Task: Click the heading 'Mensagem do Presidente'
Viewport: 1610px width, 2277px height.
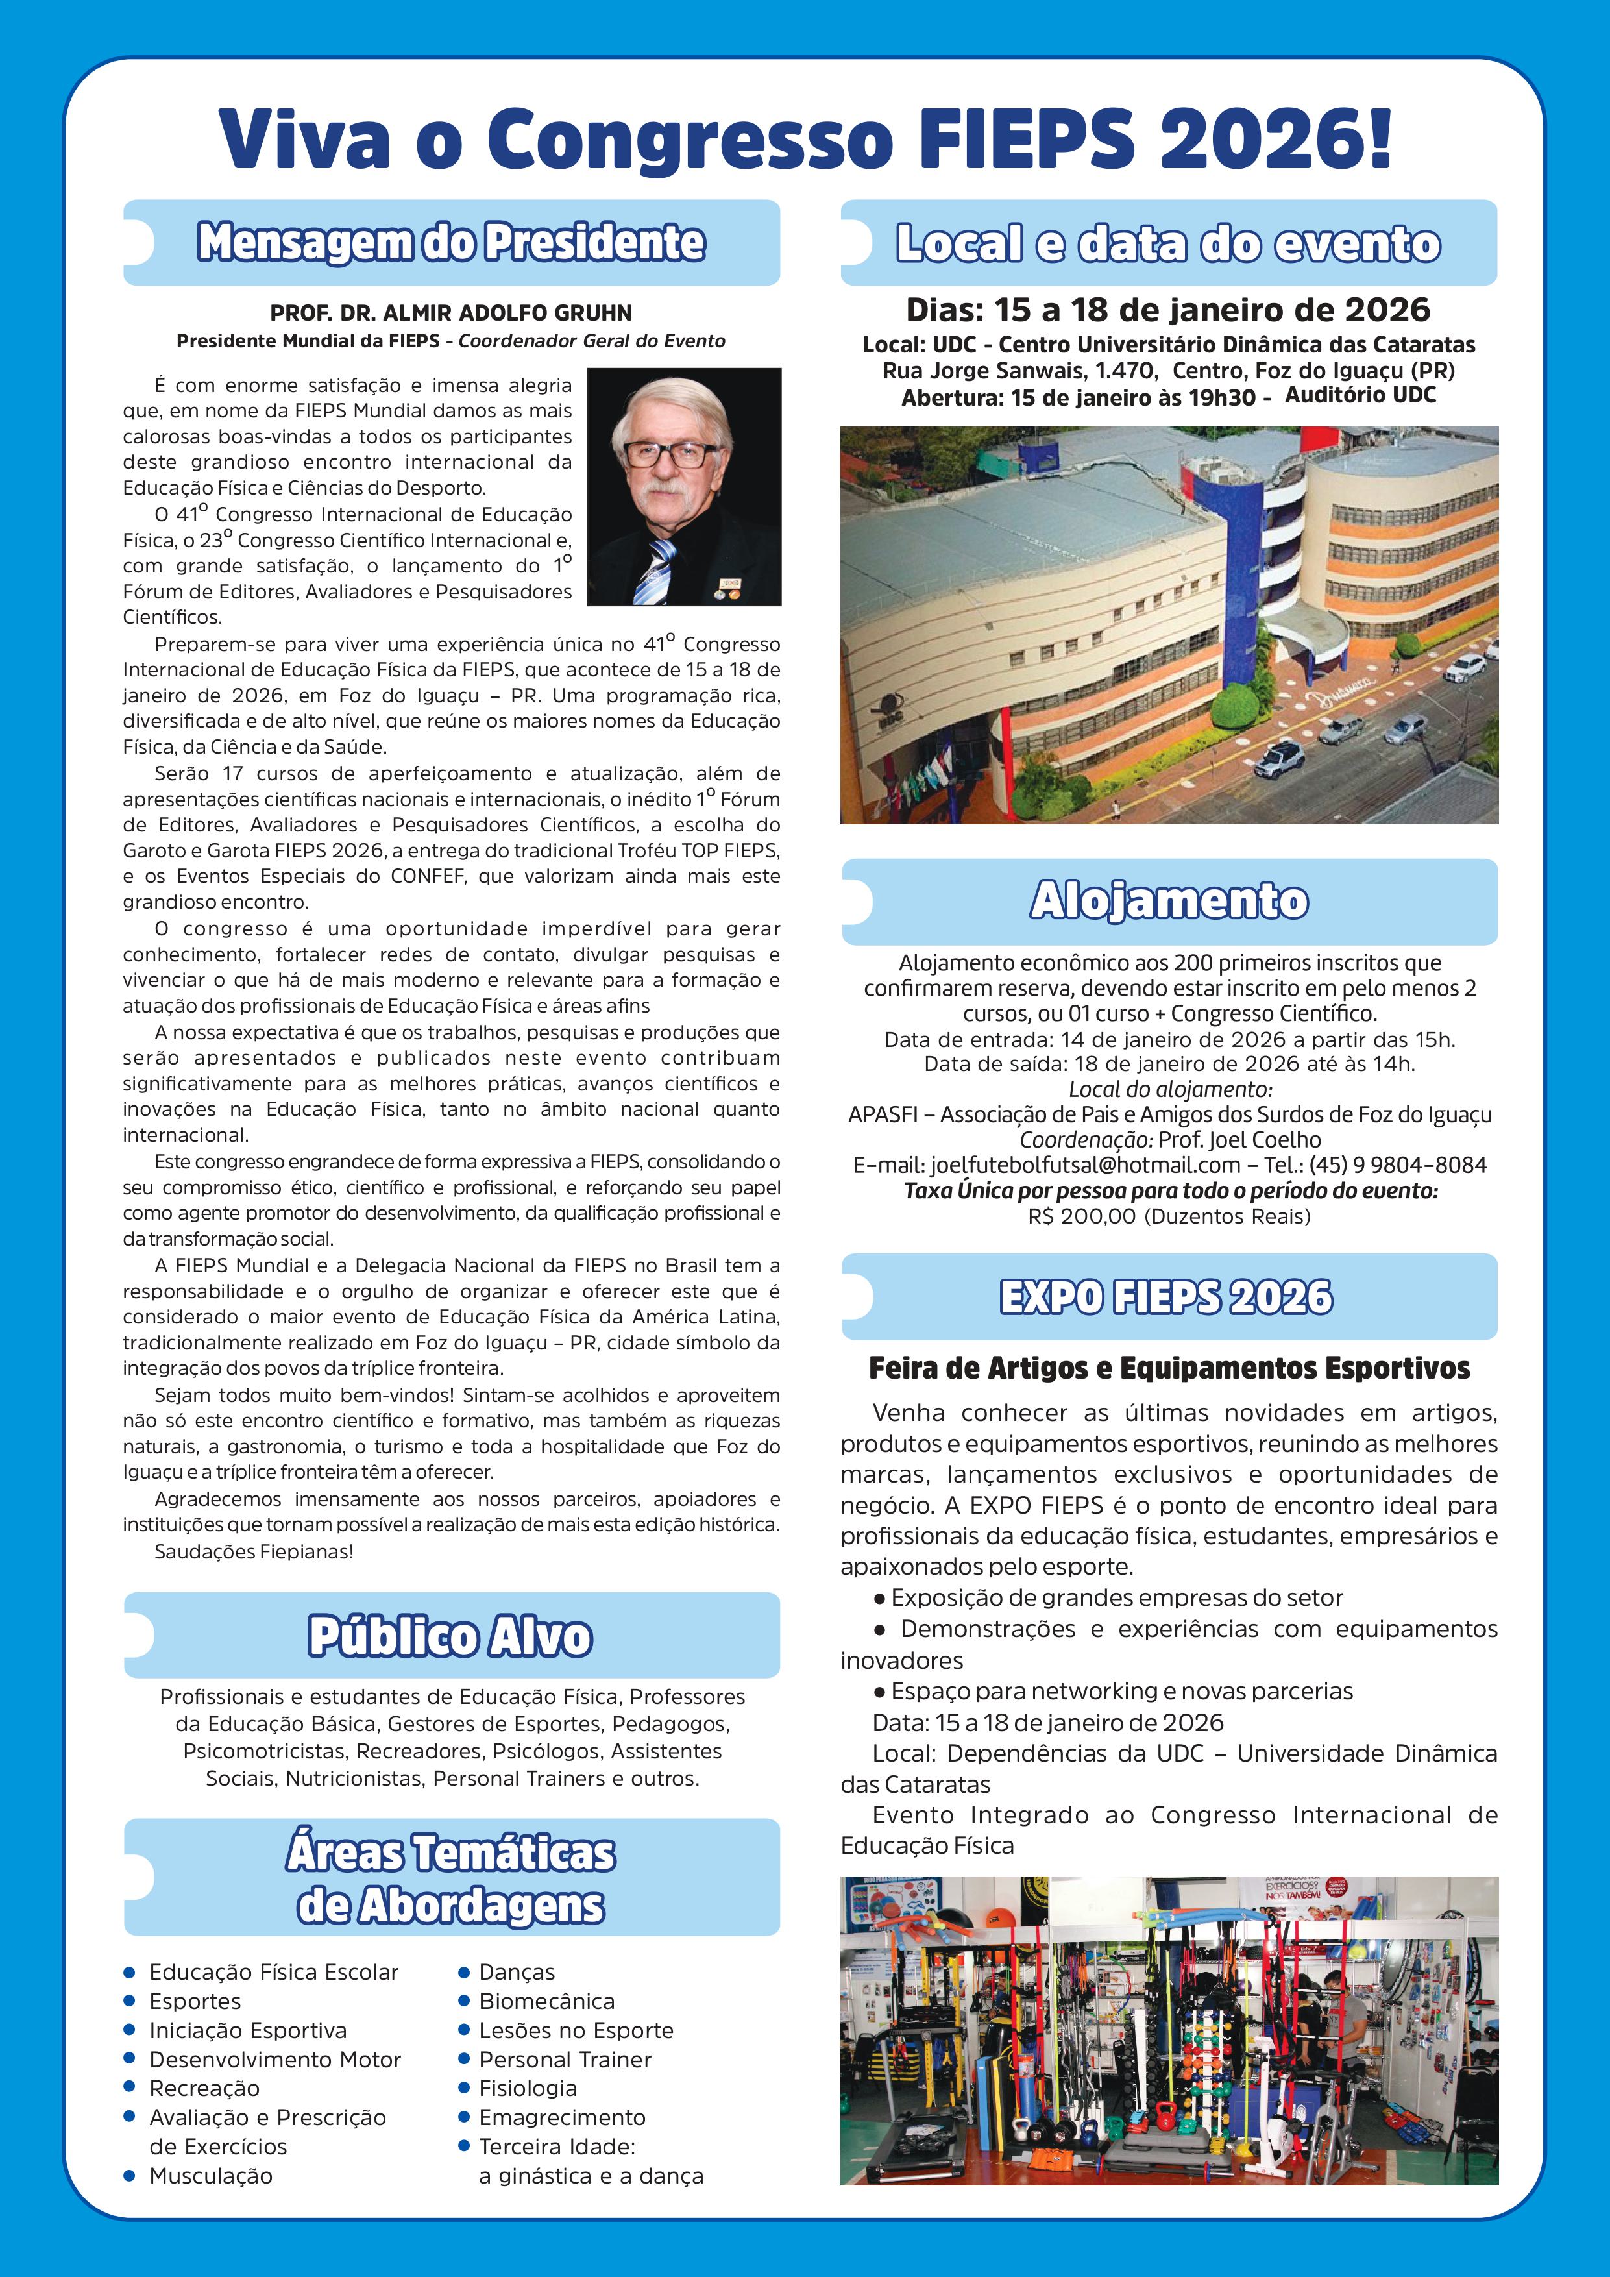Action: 451,243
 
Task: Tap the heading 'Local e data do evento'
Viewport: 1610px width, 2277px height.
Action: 1168,244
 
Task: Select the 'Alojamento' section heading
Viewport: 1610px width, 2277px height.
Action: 1169,900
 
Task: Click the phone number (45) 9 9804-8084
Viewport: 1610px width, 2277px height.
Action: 1398,1165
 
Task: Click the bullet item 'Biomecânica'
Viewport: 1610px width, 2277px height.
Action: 546,2001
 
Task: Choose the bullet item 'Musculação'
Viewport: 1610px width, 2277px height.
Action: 210,2176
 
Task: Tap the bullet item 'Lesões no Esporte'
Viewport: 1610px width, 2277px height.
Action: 576,2030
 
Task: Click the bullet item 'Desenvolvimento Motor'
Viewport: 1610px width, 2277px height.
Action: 274,2060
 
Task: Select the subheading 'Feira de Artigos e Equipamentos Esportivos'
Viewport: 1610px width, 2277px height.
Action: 1169,1368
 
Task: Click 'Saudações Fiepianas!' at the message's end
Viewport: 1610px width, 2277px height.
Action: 254,1552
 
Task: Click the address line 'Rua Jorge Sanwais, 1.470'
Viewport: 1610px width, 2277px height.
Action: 1019,371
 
